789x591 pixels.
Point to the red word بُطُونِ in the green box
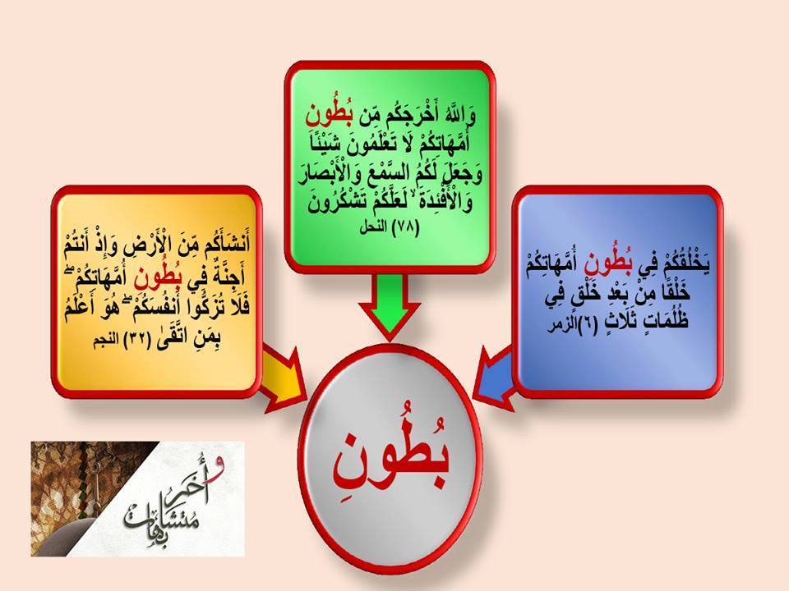pyautogui.click(x=329, y=117)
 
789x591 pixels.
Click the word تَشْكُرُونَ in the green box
pyautogui.click(x=338, y=204)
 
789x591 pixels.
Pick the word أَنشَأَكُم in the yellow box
pyautogui.click(x=220, y=244)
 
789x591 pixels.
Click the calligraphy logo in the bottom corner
pyautogui.click(x=138, y=498)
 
